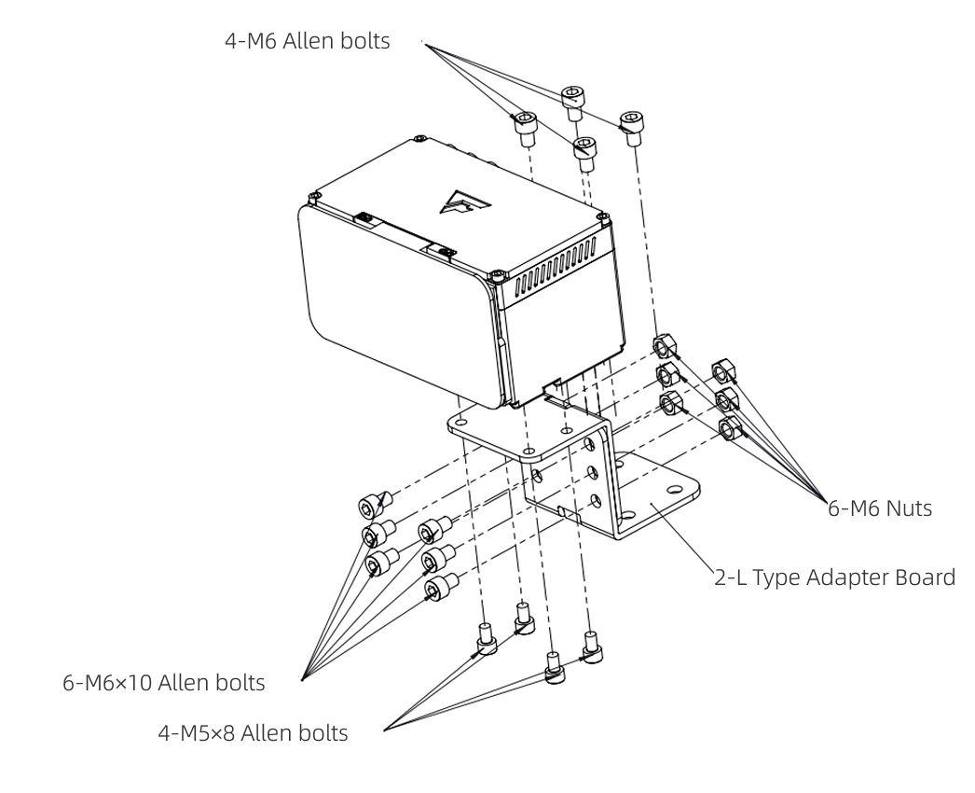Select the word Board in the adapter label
coord(926,577)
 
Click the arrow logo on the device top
coord(463,202)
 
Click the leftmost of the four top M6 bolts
coord(527,126)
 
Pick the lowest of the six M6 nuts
coord(730,429)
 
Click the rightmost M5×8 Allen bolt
coord(591,647)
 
